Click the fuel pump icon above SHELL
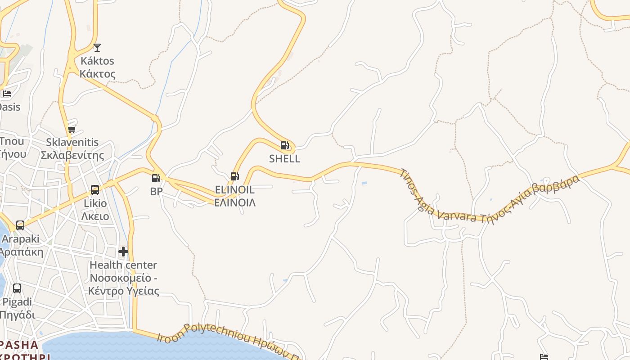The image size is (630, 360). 284,145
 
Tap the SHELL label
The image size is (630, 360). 284,158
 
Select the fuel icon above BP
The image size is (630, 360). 156,179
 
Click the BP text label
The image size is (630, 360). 156,191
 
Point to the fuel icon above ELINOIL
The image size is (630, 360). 234,176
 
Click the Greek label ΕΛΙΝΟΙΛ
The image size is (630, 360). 234,202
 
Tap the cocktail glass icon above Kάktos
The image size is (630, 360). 97,48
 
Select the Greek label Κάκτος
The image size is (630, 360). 98,74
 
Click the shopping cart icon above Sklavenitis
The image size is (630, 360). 72,130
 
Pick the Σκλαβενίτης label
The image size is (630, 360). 72,155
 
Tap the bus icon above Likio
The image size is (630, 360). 95,190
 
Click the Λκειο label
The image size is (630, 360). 95,216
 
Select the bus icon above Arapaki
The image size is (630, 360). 20,225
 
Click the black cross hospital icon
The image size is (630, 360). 123,251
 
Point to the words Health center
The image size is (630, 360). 123,265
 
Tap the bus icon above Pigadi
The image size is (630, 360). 17,288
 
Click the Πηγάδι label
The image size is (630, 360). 17,314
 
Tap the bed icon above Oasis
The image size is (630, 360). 7,94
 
